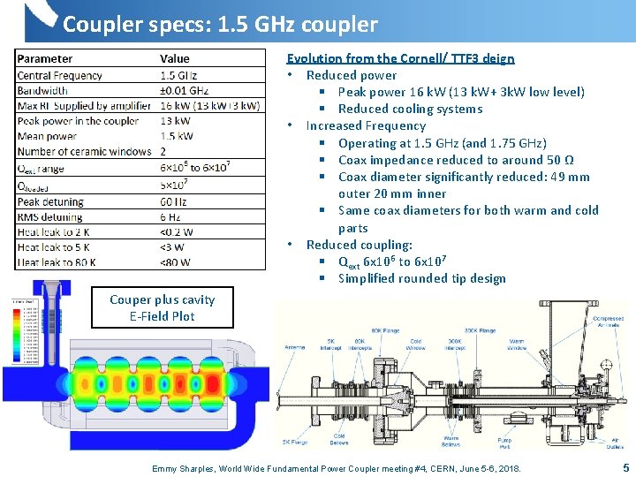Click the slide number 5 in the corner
coord(625,468)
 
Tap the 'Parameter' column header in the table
coord(45,59)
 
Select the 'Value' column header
coord(175,59)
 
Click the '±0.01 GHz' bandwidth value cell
coord(185,90)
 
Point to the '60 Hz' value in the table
coord(171,202)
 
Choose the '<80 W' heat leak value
coord(175,261)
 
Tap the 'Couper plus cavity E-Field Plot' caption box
coord(162,307)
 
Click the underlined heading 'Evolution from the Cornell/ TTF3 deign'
coord(400,58)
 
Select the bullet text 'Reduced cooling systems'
coord(410,109)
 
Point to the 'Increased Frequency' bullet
coord(366,125)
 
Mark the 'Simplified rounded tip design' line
coord(421,278)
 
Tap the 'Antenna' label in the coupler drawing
coord(296,346)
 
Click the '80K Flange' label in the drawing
coord(385,330)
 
